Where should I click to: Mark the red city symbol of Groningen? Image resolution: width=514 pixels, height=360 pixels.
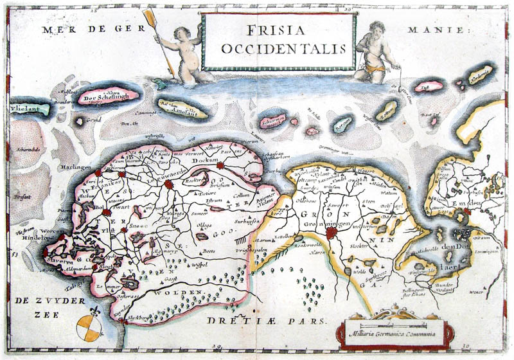(332, 234)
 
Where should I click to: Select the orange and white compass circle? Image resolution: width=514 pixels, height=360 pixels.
(88, 328)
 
